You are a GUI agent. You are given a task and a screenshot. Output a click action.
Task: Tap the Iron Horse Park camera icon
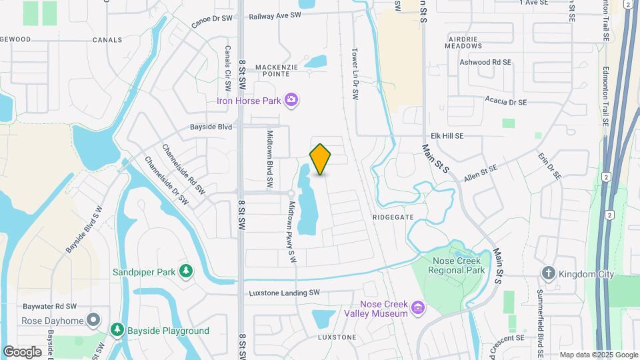click(x=291, y=100)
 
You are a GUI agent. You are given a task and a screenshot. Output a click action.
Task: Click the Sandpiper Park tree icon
click(x=188, y=271)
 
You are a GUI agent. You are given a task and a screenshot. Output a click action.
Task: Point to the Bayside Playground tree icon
click(x=117, y=330)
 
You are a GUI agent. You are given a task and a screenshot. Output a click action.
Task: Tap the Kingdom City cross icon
click(x=548, y=273)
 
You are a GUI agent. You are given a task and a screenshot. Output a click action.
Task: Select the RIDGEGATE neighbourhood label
click(x=394, y=217)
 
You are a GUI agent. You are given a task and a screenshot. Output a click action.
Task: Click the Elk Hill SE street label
click(x=465, y=135)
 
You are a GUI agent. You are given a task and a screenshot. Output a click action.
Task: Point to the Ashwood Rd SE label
click(x=485, y=62)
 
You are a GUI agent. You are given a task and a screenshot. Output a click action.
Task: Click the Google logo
click(x=22, y=351)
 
